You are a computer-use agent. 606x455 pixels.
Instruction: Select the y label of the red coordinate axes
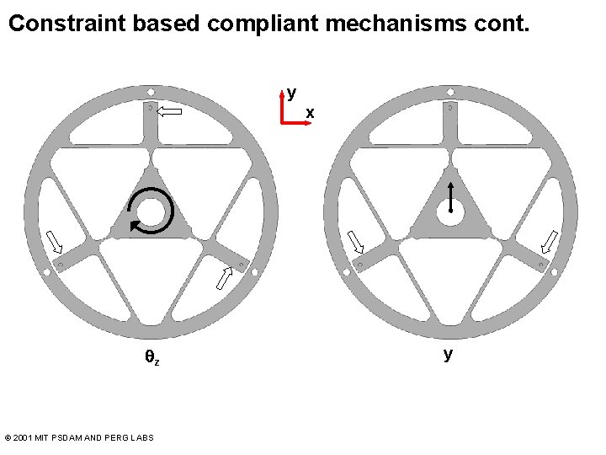click(291, 92)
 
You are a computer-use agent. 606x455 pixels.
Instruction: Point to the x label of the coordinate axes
click(310, 112)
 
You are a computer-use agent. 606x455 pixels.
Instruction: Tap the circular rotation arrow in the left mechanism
click(151, 210)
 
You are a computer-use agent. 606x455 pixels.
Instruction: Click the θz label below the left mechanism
click(151, 358)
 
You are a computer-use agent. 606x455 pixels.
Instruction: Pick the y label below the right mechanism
click(448, 354)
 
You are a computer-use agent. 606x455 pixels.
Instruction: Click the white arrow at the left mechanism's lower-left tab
click(54, 242)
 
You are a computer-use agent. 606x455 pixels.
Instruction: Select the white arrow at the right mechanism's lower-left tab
click(356, 242)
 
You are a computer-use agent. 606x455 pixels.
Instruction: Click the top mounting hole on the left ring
click(150, 92)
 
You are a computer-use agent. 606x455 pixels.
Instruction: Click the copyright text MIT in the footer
click(39, 437)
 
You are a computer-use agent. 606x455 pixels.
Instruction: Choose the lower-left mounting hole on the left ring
click(44, 271)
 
